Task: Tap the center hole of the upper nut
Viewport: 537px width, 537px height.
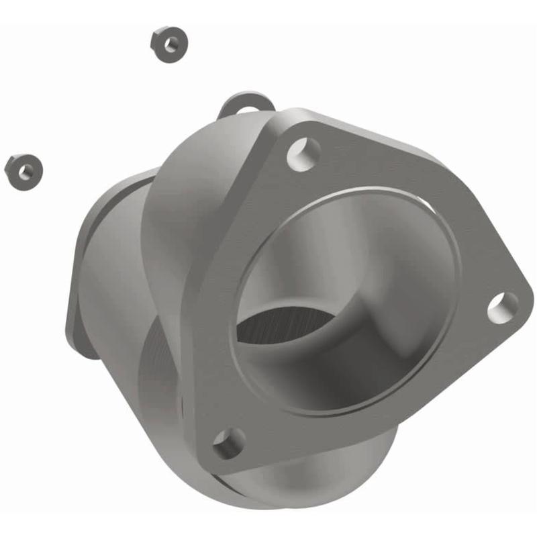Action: click(x=170, y=44)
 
